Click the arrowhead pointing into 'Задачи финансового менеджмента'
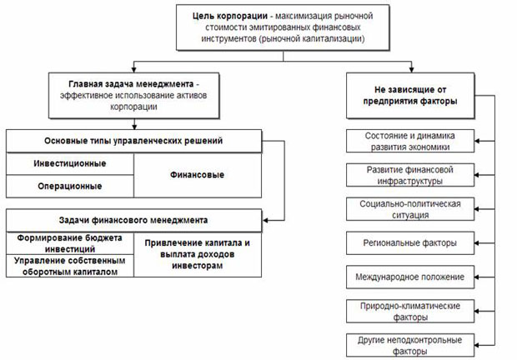(x=263, y=221)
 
